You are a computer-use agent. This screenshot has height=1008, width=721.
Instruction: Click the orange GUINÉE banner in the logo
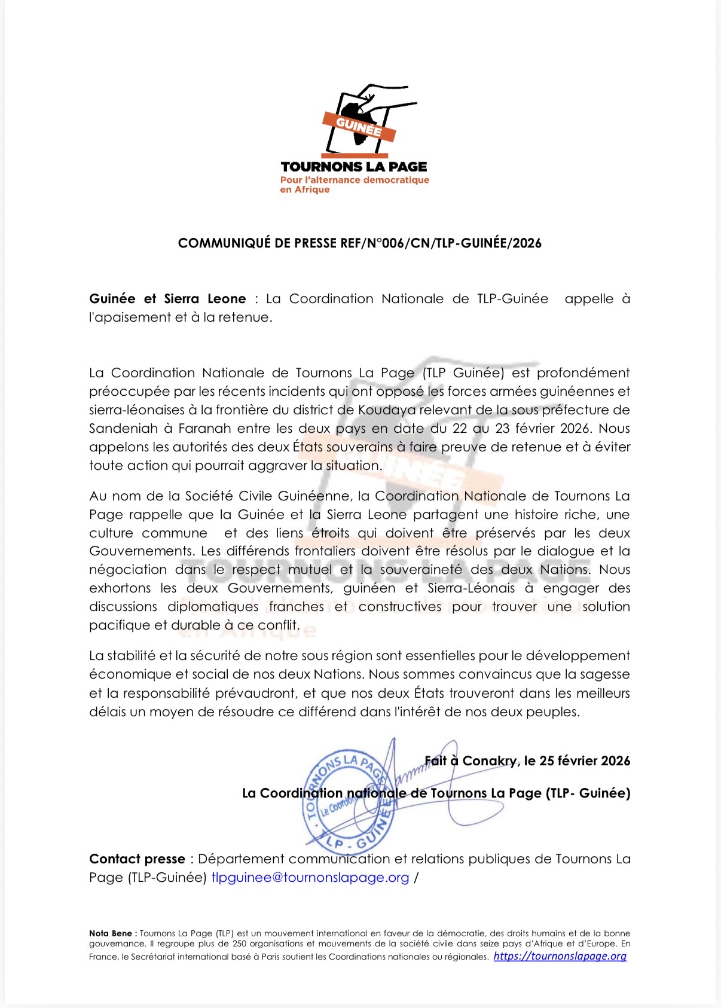coord(359,127)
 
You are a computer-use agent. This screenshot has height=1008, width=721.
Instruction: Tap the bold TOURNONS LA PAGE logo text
coord(354,167)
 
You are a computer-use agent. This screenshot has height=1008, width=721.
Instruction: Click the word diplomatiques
coord(213,607)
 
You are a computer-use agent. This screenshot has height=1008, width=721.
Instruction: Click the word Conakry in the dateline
coord(490,761)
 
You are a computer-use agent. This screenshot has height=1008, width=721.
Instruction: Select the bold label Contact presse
coord(137,859)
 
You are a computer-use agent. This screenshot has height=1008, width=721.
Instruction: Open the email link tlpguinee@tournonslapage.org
coord(310,878)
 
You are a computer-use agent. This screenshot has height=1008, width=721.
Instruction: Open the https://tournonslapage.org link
coord(560,956)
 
